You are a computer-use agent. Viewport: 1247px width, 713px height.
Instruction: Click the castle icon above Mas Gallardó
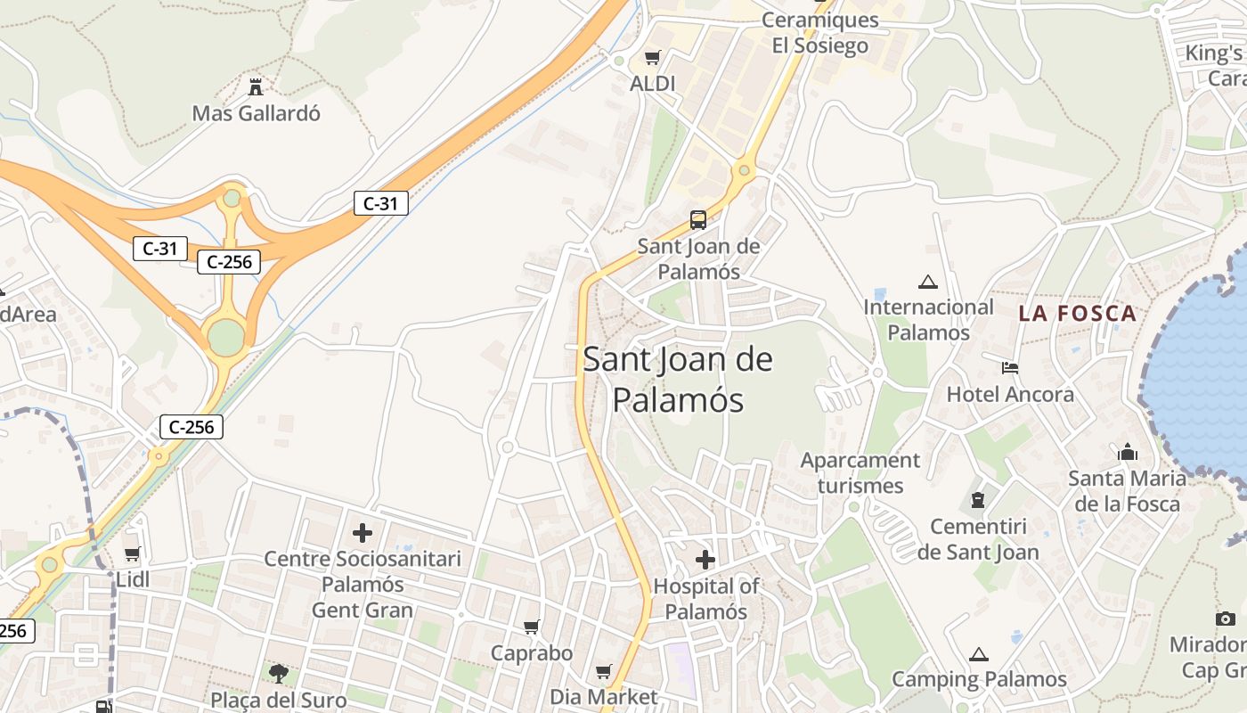pos(256,86)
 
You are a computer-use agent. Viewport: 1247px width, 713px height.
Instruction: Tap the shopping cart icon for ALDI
pos(653,58)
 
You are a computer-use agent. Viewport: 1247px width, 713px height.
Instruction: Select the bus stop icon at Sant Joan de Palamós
pos(698,219)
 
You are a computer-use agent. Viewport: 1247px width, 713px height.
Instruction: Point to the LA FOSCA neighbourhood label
pos(1078,314)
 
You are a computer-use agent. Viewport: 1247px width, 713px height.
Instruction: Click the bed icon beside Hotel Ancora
pos(1009,367)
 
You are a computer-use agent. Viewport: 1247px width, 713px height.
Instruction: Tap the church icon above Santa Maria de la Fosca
pos(1128,452)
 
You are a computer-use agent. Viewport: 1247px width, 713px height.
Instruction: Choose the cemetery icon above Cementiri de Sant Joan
pos(978,500)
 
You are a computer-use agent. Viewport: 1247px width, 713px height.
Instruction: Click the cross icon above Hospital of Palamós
pos(705,560)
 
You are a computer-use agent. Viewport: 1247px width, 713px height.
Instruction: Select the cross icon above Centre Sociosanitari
pos(363,533)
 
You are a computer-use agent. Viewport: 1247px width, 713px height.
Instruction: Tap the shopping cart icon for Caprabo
pos(532,627)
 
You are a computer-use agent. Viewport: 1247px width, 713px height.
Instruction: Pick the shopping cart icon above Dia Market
pos(604,671)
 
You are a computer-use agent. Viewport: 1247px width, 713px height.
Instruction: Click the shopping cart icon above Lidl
pos(133,554)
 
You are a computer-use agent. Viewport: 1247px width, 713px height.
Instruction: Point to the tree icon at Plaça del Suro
pos(279,673)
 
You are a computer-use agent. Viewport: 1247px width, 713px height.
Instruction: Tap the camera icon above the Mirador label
pos(1226,619)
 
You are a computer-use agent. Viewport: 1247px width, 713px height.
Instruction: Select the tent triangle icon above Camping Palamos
pos(979,654)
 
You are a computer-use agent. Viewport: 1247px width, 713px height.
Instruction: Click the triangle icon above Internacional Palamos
pos(928,283)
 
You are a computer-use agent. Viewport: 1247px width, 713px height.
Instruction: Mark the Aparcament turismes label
pos(860,473)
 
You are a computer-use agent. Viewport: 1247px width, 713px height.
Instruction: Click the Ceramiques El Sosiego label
pos(819,33)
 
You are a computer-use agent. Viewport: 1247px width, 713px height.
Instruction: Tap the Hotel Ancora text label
pos(1010,394)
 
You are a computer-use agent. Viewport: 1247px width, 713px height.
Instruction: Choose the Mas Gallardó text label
pos(257,114)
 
